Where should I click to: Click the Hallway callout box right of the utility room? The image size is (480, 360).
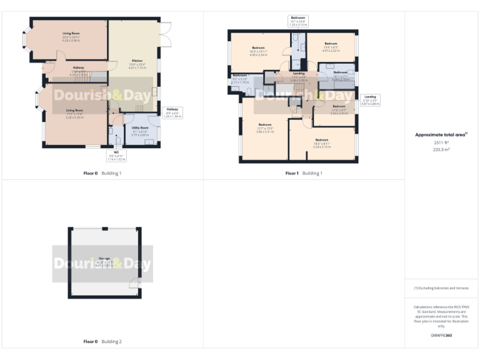tap(172, 112)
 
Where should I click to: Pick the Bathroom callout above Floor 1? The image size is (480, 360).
tap(297, 21)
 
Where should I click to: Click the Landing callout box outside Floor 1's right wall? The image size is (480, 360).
tap(370, 100)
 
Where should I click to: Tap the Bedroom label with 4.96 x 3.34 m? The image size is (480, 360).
tap(259, 50)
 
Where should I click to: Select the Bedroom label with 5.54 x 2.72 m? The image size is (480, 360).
tap(321, 142)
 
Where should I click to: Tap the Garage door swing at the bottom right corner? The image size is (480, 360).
tap(134, 286)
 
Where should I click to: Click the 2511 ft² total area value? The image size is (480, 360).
tap(441, 142)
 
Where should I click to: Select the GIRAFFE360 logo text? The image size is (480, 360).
tap(441, 336)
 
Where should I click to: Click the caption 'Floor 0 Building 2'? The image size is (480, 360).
tap(102, 342)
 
